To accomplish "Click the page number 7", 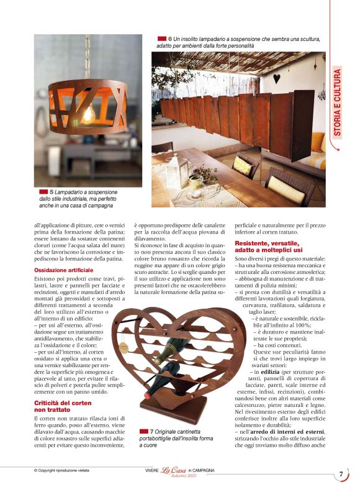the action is click(x=341, y=475).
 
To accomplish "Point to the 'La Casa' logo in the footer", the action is click(x=174, y=470).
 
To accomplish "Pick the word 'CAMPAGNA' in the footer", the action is click(x=203, y=470).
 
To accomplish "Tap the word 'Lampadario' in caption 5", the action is click(x=72, y=192).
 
